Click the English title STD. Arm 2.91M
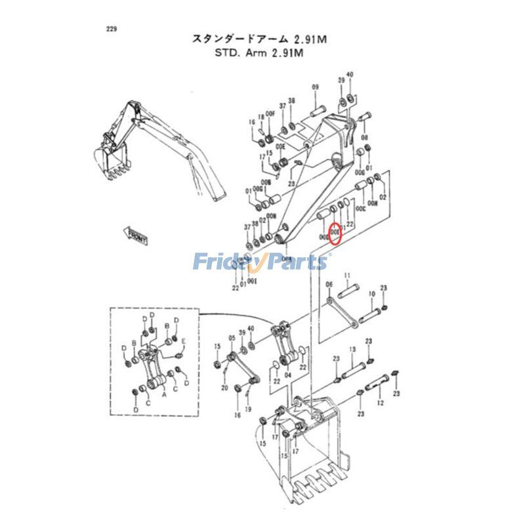point(259,54)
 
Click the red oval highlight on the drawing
point(335,233)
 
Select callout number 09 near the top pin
point(315,87)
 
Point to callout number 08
point(364,138)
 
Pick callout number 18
point(260,117)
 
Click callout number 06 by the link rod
point(329,284)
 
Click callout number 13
point(352,350)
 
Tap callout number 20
point(224,388)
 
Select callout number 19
point(248,409)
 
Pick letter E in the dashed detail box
point(184,341)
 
